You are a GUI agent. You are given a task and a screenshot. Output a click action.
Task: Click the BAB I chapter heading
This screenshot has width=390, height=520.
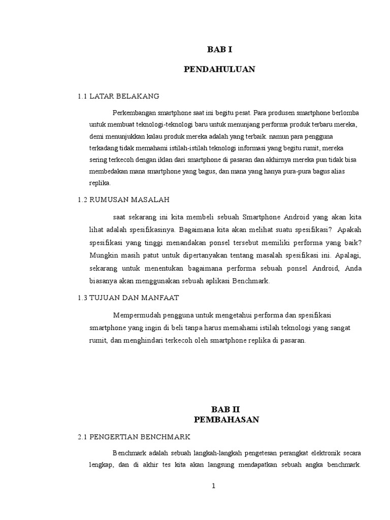(219, 49)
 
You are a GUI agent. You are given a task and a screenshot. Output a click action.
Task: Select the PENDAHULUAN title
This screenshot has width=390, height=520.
(219, 70)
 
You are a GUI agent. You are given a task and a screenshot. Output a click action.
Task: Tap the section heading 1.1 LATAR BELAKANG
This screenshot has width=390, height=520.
(118, 95)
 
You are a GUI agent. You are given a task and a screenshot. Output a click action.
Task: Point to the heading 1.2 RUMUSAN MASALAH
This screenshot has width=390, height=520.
(123, 200)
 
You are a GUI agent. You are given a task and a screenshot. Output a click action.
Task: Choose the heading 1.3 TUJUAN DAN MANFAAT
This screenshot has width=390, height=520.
(128, 298)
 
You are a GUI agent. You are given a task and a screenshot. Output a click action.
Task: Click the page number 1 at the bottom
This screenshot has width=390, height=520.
(214, 486)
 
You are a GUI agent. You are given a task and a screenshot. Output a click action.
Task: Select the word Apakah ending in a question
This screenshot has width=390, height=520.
(348, 230)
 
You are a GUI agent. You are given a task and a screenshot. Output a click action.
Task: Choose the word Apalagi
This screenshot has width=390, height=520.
(347, 254)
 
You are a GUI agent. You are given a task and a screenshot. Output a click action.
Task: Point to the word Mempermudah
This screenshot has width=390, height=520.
(135, 316)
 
